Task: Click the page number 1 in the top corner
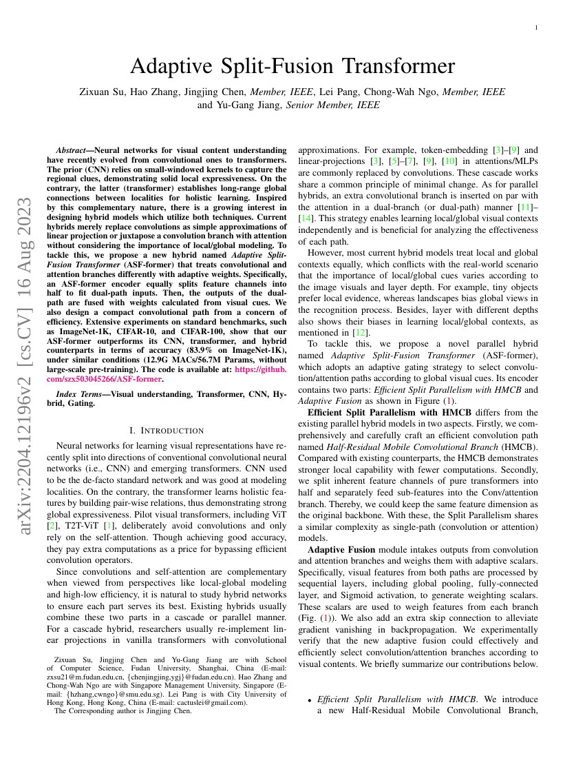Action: point(536,27)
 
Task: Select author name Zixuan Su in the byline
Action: point(102,92)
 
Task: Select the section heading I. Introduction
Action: point(167,431)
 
